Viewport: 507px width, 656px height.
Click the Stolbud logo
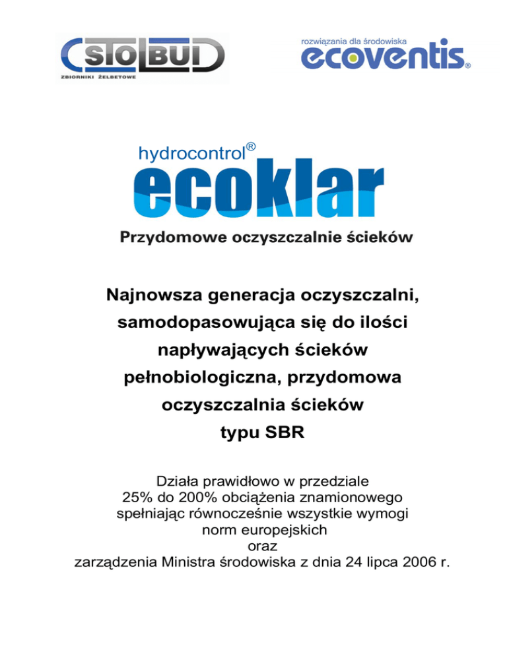142,56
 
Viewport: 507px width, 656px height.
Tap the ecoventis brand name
383,57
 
